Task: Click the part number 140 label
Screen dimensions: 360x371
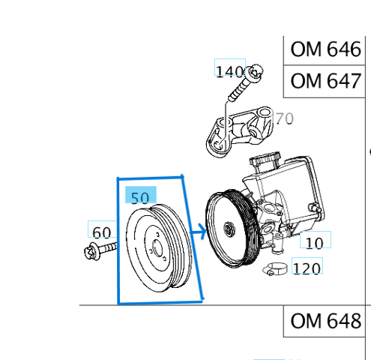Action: [x=229, y=70]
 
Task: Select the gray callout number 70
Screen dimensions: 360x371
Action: [x=284, y=118]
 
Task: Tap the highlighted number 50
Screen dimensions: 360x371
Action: [x=140, y=198]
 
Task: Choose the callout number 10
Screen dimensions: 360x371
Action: [x=315, y=241]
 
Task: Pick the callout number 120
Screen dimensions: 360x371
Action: [x=307, y=268]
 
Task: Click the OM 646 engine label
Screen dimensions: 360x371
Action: [x=326, y=50]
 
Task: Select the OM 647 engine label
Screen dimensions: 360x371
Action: [x=326, y=80]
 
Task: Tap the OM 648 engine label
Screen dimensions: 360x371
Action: [x=326, y=322]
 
